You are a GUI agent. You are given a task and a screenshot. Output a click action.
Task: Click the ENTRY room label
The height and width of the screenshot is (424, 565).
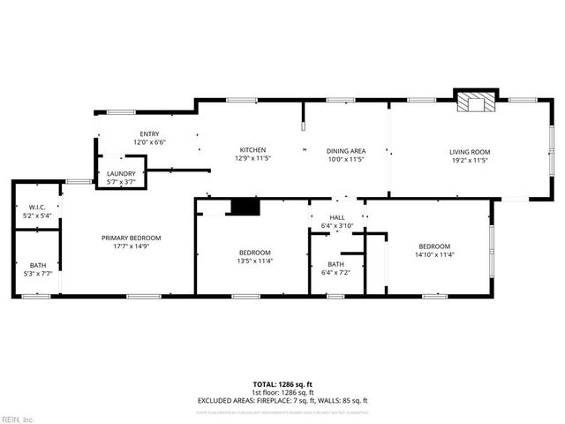click(149, 134)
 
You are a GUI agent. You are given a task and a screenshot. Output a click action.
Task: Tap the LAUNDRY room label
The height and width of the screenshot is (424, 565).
click(121, 174)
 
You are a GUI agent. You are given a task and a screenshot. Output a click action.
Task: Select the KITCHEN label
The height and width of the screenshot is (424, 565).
click(253, 150)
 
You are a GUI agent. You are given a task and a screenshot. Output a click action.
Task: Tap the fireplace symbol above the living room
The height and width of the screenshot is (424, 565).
click(476, 102)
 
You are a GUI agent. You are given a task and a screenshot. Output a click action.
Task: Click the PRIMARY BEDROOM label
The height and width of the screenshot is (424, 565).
click(131, 238)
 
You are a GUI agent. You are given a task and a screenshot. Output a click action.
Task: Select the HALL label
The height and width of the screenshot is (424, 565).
click(337, 217)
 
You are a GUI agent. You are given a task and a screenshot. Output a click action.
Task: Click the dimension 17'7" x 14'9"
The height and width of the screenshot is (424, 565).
click(131, 246)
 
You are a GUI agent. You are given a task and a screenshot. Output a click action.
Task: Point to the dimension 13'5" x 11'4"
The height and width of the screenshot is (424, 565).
click(254, 261)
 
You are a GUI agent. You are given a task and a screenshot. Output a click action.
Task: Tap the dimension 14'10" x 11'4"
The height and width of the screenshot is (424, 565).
click(434, 254)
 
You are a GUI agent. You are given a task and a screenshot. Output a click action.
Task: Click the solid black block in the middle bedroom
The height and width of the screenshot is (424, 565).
click(245, 207)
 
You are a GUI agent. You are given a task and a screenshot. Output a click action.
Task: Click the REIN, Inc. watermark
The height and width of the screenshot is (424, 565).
click(18, 419)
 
